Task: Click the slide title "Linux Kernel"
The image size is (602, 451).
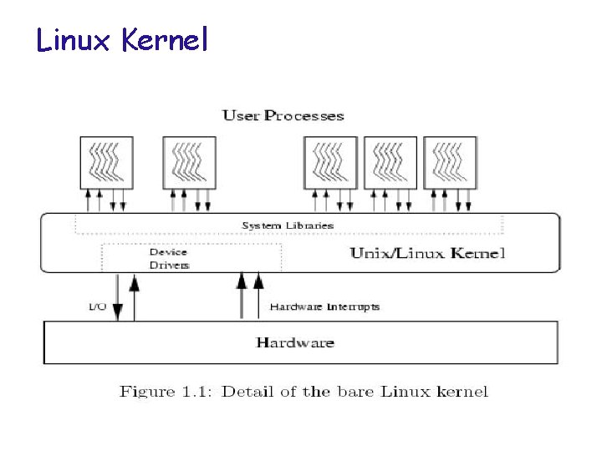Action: click(x=121, y=39)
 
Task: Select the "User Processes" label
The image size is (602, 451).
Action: click(x=283, y=115)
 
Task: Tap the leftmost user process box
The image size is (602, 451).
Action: click(x=107, y=161)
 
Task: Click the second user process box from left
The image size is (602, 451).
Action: click(x=188, y=161)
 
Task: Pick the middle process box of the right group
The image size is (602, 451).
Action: click(x=391, y=161)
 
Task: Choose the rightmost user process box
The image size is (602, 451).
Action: click(x=450, y=161)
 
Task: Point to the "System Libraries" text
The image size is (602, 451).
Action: click(x=288, y=225)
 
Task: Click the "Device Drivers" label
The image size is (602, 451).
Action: click(x=169, y=258)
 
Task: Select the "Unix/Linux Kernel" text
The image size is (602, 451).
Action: click(x=427, y=253)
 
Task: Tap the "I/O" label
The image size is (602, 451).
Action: click(x=97, y=307)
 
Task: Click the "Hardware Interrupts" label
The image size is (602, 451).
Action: click(x=324, y=307)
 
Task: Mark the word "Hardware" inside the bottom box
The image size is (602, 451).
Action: click(x=295, y=342)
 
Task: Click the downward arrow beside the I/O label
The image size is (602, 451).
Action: click(x=118, y=297)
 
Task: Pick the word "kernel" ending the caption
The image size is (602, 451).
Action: click(x=462, y=391)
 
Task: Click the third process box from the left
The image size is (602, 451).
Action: click(x=330, y=161)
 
